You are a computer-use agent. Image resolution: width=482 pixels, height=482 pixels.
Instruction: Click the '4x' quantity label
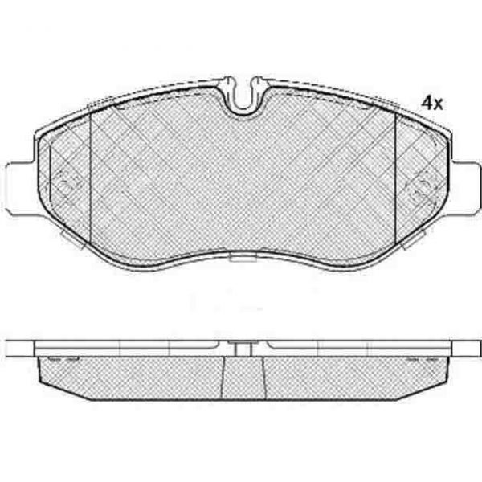pyautogui.click(x=432, y=104)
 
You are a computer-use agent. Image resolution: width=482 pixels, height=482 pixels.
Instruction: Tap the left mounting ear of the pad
pyautogui.click(x=20, y=189)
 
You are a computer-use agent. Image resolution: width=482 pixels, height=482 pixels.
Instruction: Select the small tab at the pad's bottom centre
pyautogui.click(x=243, y=258)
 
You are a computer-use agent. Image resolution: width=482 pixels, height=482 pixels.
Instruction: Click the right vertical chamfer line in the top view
pyautogui.click(x=395, y=178)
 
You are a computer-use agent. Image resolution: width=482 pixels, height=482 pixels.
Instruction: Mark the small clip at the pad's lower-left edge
pyautogui.click(x=71, y=236)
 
